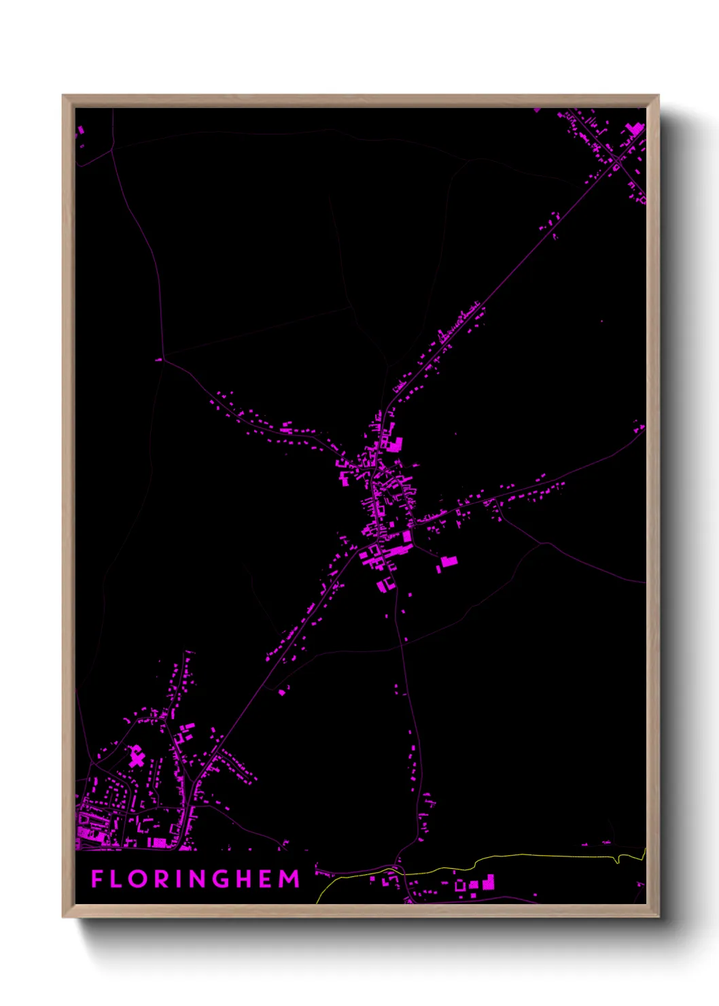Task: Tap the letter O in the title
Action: tap(139, 879)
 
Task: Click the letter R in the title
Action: tap(162, 879)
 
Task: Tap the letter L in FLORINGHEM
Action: tap(117, 879)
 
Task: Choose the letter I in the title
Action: tap(179, 879)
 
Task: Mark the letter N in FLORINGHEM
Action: tap(199, 879)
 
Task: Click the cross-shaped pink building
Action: tap(137, 756)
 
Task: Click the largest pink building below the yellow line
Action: tap(489, 883)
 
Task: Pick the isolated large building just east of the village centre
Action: tap(448, 562)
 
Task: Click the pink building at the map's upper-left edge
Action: tap(80, 130)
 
